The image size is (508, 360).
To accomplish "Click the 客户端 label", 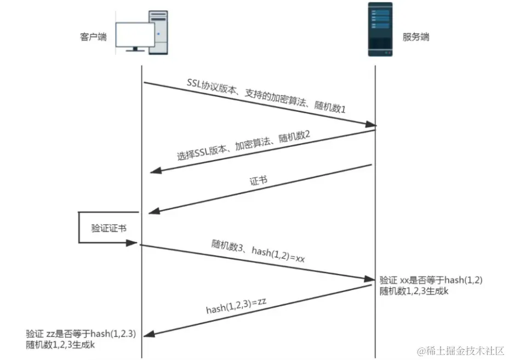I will click(93, 37).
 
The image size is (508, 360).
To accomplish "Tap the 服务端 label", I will click(416, 37).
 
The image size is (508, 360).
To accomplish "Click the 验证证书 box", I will click(109, 227).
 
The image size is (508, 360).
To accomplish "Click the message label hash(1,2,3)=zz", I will click(236, 307).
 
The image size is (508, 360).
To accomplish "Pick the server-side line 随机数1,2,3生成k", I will click(414, 291).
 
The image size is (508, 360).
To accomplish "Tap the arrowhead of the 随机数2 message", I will click(155, 173).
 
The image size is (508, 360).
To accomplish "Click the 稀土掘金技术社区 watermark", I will click(460, 350).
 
